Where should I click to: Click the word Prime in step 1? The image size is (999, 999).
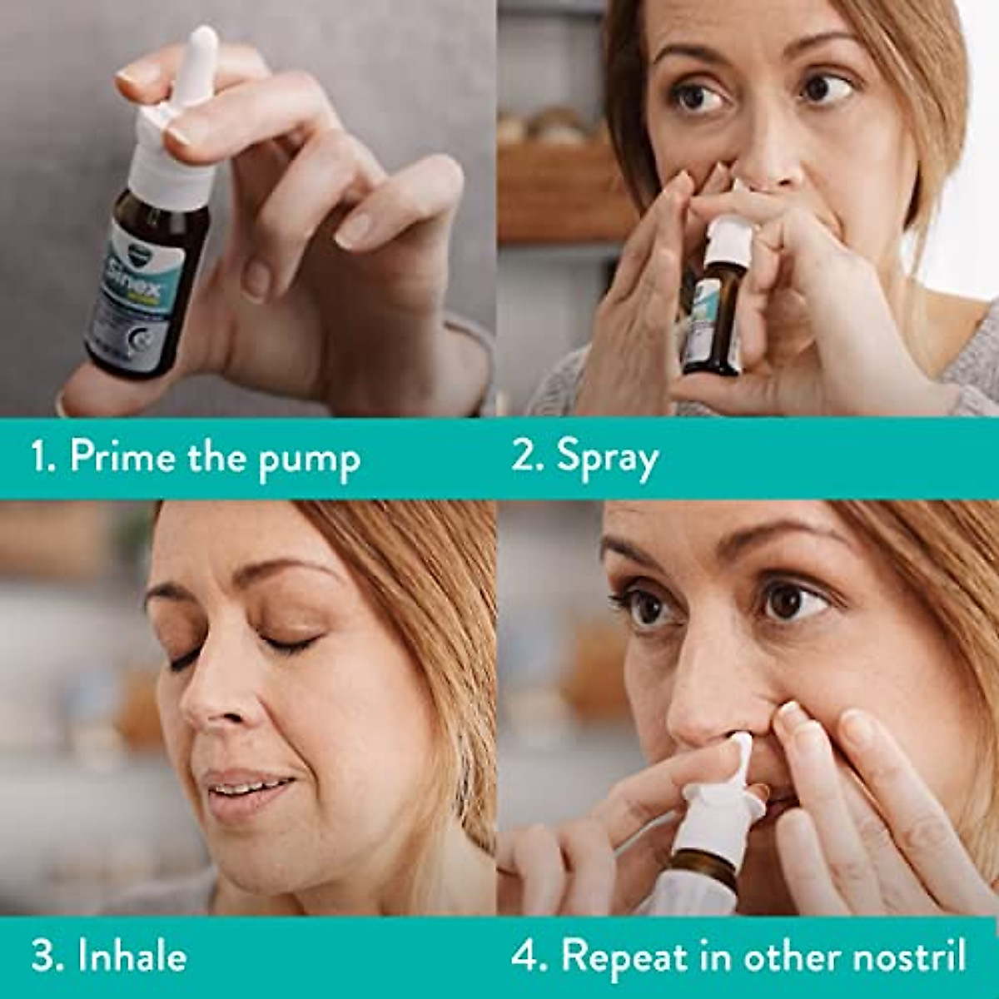tap(122, 457)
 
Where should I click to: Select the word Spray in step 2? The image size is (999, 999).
tap(607, 459)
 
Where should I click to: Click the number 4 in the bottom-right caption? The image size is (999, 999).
tap(525, 957)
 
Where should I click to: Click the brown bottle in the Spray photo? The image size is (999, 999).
tap(714, 316)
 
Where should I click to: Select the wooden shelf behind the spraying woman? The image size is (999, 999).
tap(558, 191)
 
